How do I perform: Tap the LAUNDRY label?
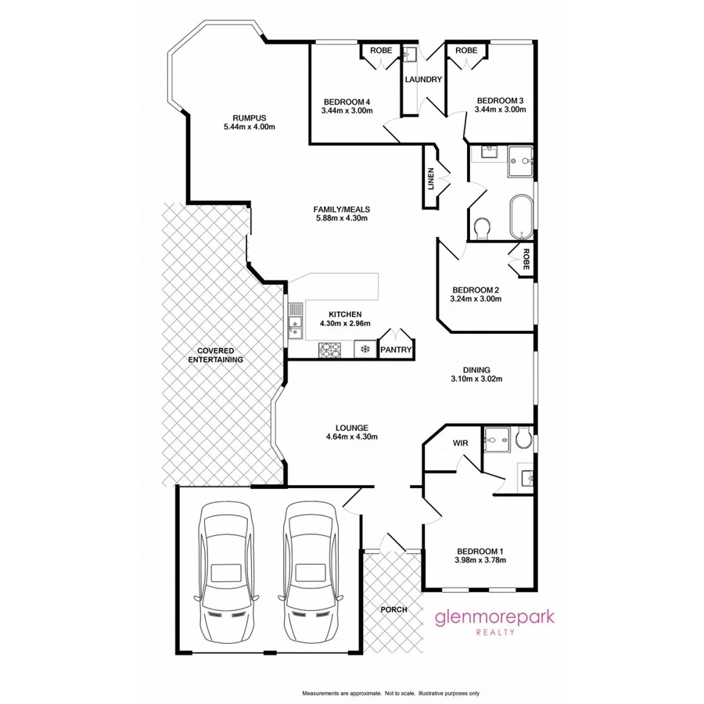(x=423, y=80)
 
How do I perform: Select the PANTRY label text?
(x=396, y=350)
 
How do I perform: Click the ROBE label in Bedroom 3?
(x=466, y=51)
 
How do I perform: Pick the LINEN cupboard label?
(x=430, y=179)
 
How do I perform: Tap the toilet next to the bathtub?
(x=483, y=227)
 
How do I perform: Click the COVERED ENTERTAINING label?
(x=215, y=355)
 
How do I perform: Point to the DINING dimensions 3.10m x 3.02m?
(x=476, y=379)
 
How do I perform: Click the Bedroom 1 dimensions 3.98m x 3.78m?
(x=480, y=560)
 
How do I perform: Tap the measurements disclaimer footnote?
(x=390, y=694)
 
